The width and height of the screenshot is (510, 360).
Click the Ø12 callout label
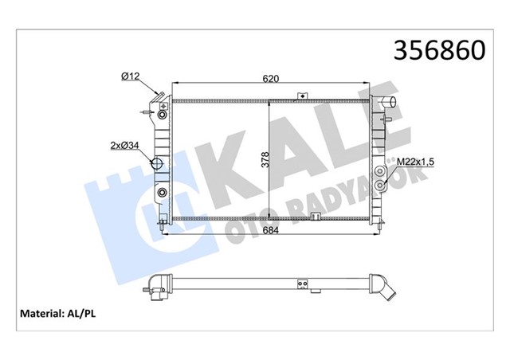(131, 76)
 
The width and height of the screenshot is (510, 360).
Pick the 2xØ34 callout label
(126, 145)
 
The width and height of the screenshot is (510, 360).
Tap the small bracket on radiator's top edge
(302, 96)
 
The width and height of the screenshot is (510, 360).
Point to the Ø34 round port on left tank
(158, 166)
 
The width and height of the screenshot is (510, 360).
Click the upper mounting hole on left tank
(163, 115)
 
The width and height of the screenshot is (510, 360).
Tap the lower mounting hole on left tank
(163, 194)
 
